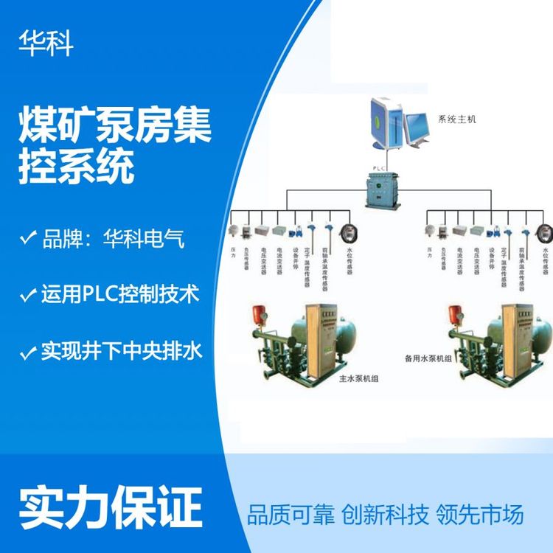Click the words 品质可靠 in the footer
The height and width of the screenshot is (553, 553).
(291, 514)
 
